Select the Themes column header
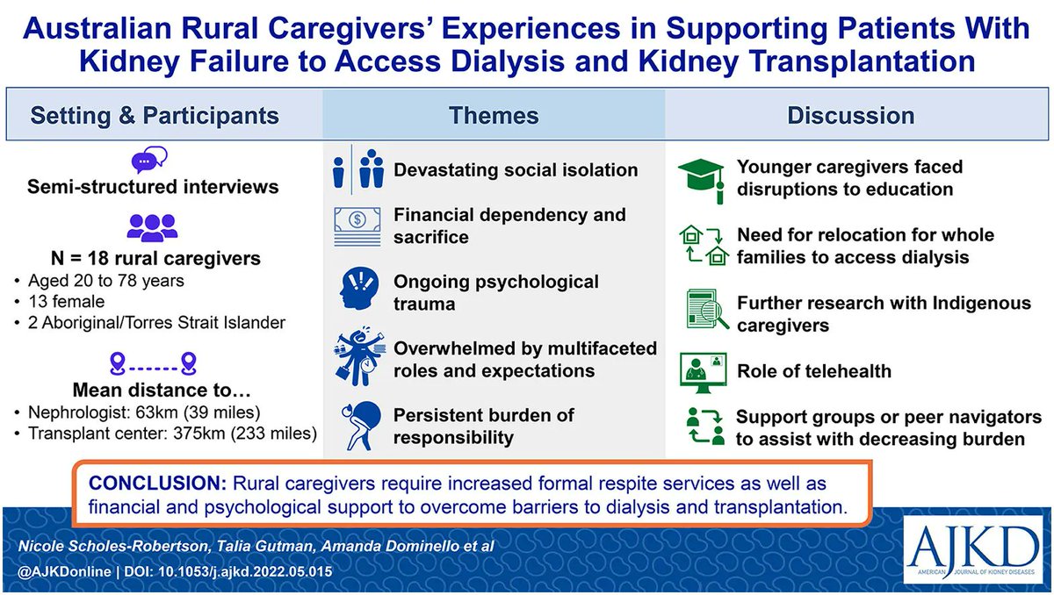494,115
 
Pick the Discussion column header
850,115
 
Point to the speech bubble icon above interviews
148,161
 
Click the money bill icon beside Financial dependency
356,226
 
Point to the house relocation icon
704,246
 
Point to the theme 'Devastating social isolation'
515,169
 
